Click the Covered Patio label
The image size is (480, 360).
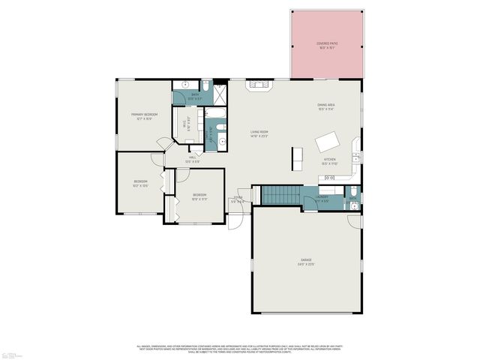click(327, 45)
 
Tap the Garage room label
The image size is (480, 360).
click(306, 262)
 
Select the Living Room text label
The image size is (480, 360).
click(259, 133)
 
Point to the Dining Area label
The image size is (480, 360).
click(325, 106)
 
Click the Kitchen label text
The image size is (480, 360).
click(330, 161)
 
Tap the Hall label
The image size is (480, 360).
click(193, 159)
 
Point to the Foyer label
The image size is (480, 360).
click(237, 199)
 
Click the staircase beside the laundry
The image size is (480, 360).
click(280, 195)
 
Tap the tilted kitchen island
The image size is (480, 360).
click(328, 142)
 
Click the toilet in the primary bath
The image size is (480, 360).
click(185, 85)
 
